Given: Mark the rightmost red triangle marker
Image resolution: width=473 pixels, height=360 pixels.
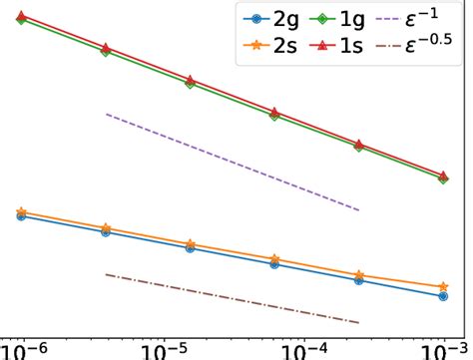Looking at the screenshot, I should (443, 174).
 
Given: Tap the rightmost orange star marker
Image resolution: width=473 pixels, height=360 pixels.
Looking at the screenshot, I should (443, 286).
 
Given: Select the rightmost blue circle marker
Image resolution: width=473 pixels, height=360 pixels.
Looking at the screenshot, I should (443, 295).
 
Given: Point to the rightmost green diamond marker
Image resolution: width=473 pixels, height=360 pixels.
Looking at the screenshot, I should (443, 178).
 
